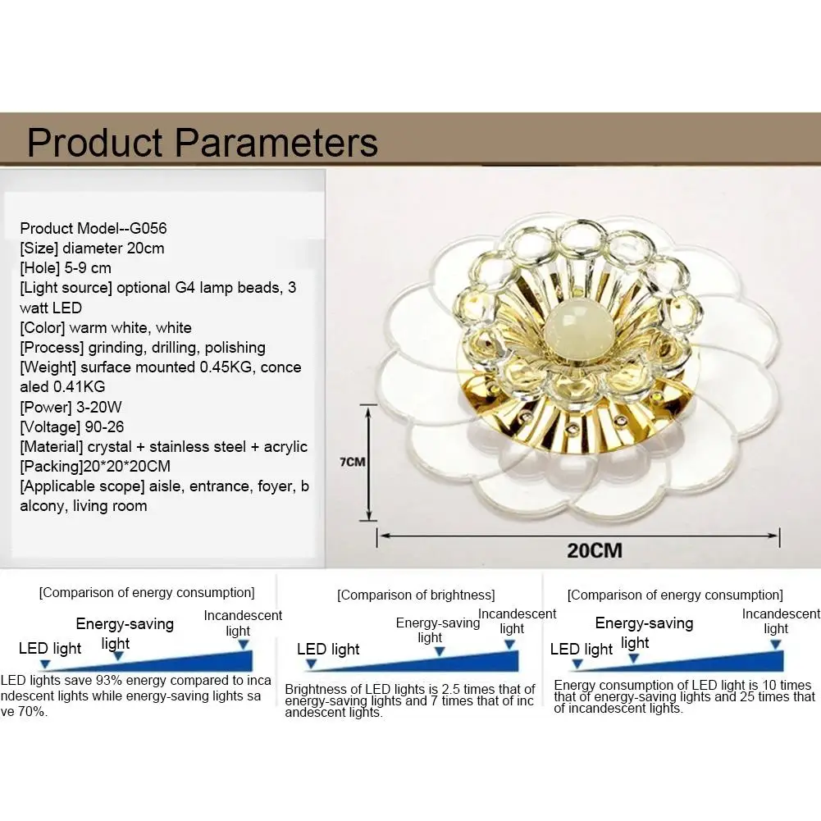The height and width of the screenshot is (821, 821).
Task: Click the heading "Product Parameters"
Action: (202, 143)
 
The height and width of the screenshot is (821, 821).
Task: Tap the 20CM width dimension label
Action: (595, 550)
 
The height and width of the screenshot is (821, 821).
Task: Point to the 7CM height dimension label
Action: (353, 462)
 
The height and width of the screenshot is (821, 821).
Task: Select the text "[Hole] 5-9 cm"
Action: (66, 268)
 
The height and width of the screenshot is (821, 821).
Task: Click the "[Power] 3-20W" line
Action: (71, 407)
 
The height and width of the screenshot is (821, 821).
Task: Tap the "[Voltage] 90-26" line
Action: (71, 426)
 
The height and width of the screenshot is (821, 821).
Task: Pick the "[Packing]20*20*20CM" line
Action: (95, 466)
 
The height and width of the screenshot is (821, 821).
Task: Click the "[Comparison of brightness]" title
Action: (416, 595)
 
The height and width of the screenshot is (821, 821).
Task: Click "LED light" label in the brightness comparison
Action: (328, 650)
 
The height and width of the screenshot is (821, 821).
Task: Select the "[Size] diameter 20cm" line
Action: (92, 249)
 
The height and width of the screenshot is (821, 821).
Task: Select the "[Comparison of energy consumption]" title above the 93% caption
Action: (147, 593)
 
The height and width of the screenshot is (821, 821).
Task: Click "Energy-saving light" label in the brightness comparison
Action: (438, 630)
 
